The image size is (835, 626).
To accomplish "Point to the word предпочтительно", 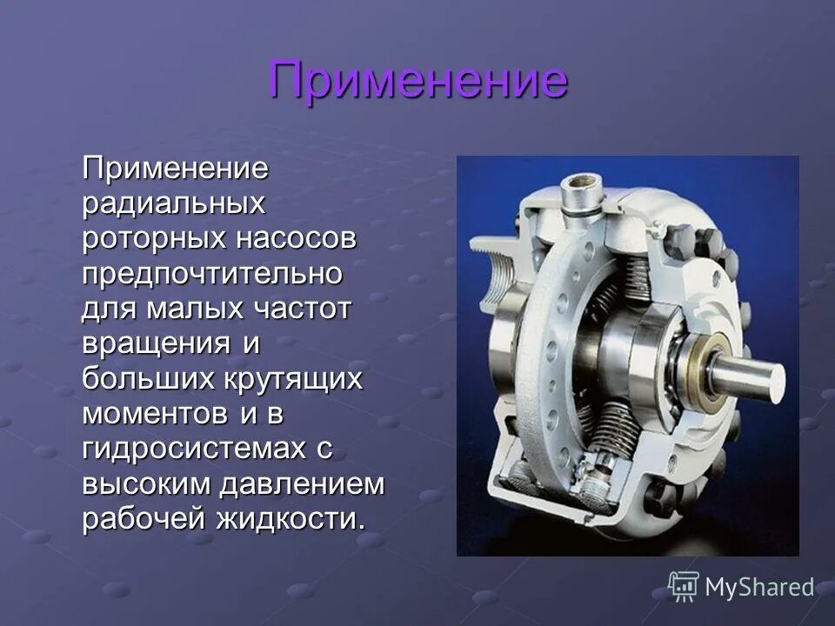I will coord(212,275).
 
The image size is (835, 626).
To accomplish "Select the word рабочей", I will coord(143,521).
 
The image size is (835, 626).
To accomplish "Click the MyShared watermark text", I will coord(759,588).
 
